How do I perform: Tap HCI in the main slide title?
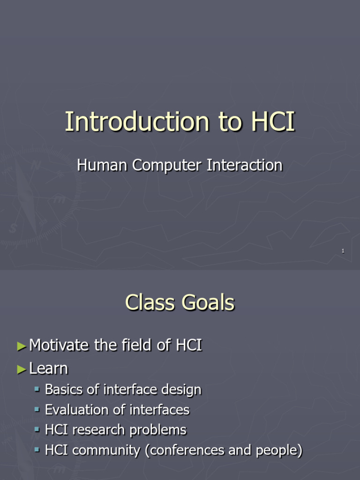click(273, 122)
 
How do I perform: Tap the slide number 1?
click(343, 252)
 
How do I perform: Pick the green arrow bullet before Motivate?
click(22, 346)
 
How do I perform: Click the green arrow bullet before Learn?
click(22, 369)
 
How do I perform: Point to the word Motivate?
click(59, 346)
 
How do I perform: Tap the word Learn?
click(48, 369)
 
